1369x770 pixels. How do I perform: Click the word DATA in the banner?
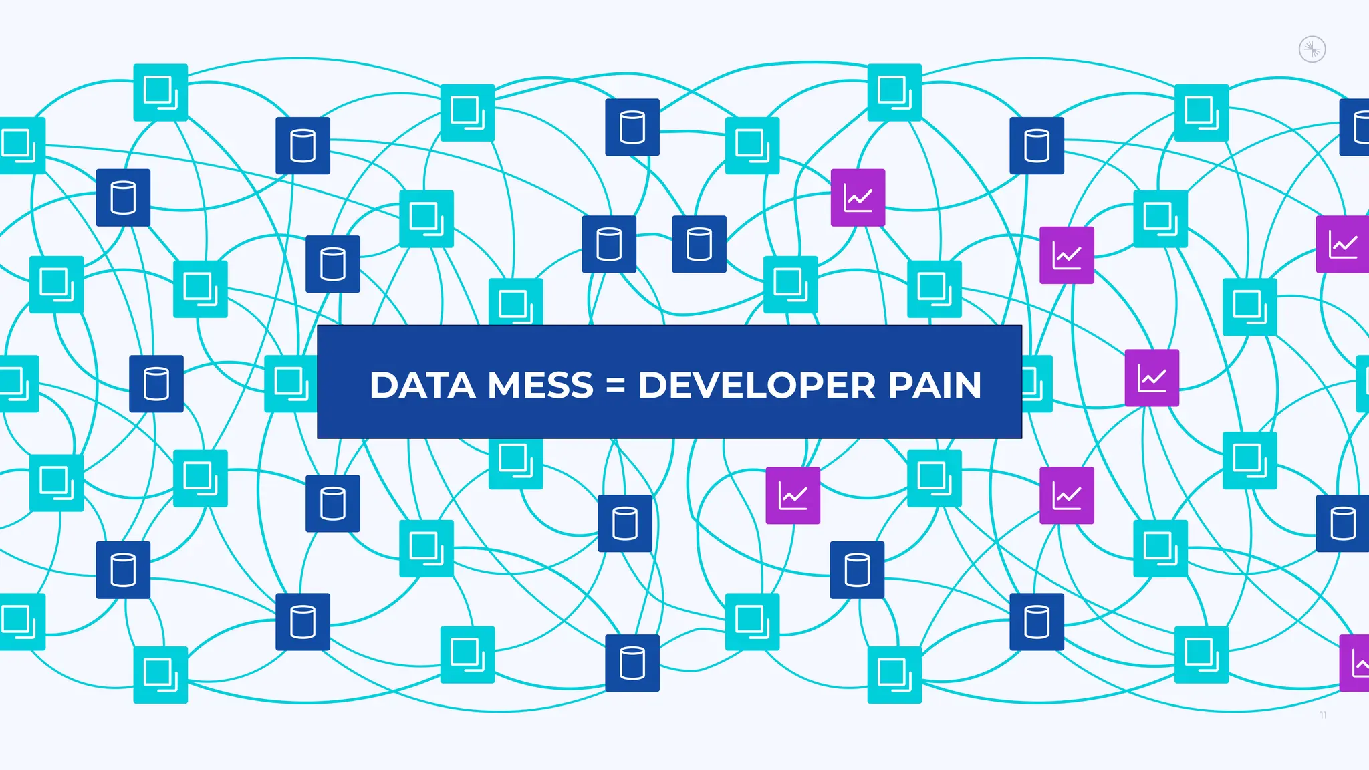click(x=422, y=386)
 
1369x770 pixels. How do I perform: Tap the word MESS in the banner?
click(x=540, y=386)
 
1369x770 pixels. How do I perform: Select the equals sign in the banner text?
click(x=615, y=386)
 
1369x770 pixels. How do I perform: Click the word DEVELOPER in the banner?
click(x=757, y=386)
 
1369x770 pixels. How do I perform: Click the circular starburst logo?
click(x=1312, y=49)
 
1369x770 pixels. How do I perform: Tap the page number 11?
click(x=1323, y=715)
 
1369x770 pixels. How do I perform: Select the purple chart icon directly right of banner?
click(x=1152, y=378)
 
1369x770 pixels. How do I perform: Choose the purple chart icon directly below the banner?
click(x=793, y=495)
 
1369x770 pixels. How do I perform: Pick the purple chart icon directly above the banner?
click(x=858, y=198)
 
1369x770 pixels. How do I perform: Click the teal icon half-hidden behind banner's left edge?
click(x=290, y=383)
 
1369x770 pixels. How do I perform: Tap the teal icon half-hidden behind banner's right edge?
click(x=1037, y=384)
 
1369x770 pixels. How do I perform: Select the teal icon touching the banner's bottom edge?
click(x=515, y=463)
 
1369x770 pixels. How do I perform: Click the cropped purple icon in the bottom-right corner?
click(x=1355, y=663)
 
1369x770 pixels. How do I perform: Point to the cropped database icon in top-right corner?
click(x=1355, y=127)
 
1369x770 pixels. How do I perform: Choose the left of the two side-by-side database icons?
click(x=609, y=244)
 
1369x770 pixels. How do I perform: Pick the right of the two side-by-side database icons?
click(x=699, y=244)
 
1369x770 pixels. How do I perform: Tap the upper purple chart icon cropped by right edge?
click(x=1342, y=244)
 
